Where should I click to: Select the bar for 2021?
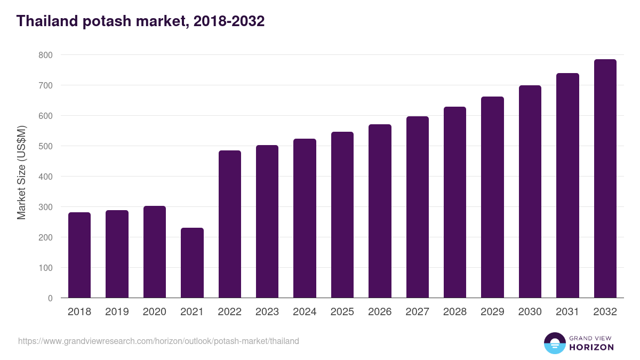point(192,263)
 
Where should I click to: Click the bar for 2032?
point(605,179)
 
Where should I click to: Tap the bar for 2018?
point(79,255)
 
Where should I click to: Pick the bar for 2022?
point(230,224)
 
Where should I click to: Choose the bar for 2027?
point(417,207)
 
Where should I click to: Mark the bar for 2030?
point(530,191)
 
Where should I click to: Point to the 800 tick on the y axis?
point(45,55)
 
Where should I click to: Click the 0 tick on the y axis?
point(50,298)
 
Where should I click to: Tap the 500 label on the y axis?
point(45,146)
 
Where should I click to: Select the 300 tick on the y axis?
point(45,207)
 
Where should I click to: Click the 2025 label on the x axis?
point(342,312)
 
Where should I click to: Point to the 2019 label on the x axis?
point(117,312)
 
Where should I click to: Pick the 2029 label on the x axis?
point(492,312)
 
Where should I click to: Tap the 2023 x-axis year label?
point(267,312)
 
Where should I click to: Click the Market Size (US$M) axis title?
point(21,172)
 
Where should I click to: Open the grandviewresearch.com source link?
point(158,341)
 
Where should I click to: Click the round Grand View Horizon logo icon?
point(554,343)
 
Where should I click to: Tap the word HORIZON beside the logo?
point(591,347)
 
